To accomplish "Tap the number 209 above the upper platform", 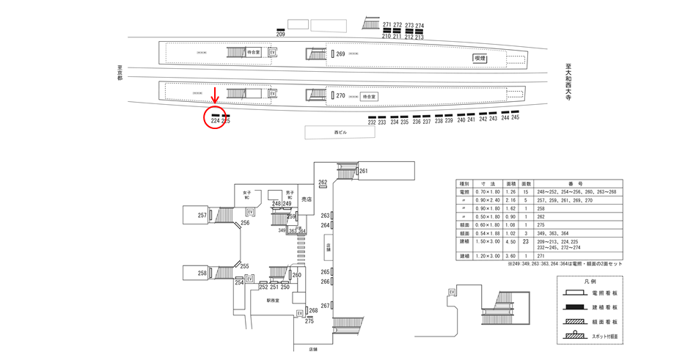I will click(x=280, y=34).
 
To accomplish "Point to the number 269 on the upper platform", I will click(x=340, y=54).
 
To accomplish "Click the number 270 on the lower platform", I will click(x=340, y=95).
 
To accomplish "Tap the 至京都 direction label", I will click(x=120, y=73).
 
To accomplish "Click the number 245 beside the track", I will click(x=515, y=118).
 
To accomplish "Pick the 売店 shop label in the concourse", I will click(x=306, y=199).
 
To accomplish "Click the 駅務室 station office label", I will click(x=274, y=300).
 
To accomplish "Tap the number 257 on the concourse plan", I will click(x=202, y=215).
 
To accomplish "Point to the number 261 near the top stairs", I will click(x=363, y=172).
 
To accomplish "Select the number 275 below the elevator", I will click(x=309, y=321).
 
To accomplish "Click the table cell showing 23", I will click(x=525, y=240).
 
